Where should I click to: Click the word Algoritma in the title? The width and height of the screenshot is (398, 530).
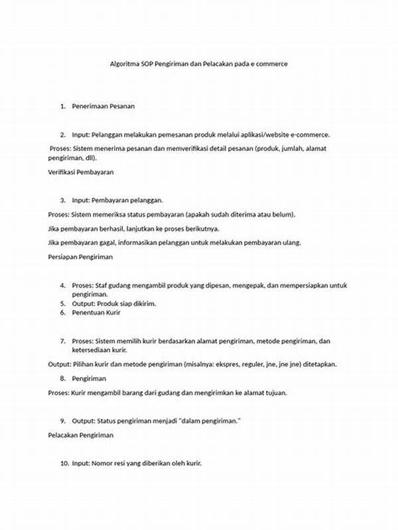(124, 65)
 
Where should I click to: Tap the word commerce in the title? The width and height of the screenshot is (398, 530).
(272, 65)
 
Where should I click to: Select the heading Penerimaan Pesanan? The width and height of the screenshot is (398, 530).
(103, 106)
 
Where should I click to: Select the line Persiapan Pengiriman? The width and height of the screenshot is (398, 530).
(81, 256)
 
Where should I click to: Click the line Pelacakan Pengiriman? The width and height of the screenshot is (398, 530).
(81, 435)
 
